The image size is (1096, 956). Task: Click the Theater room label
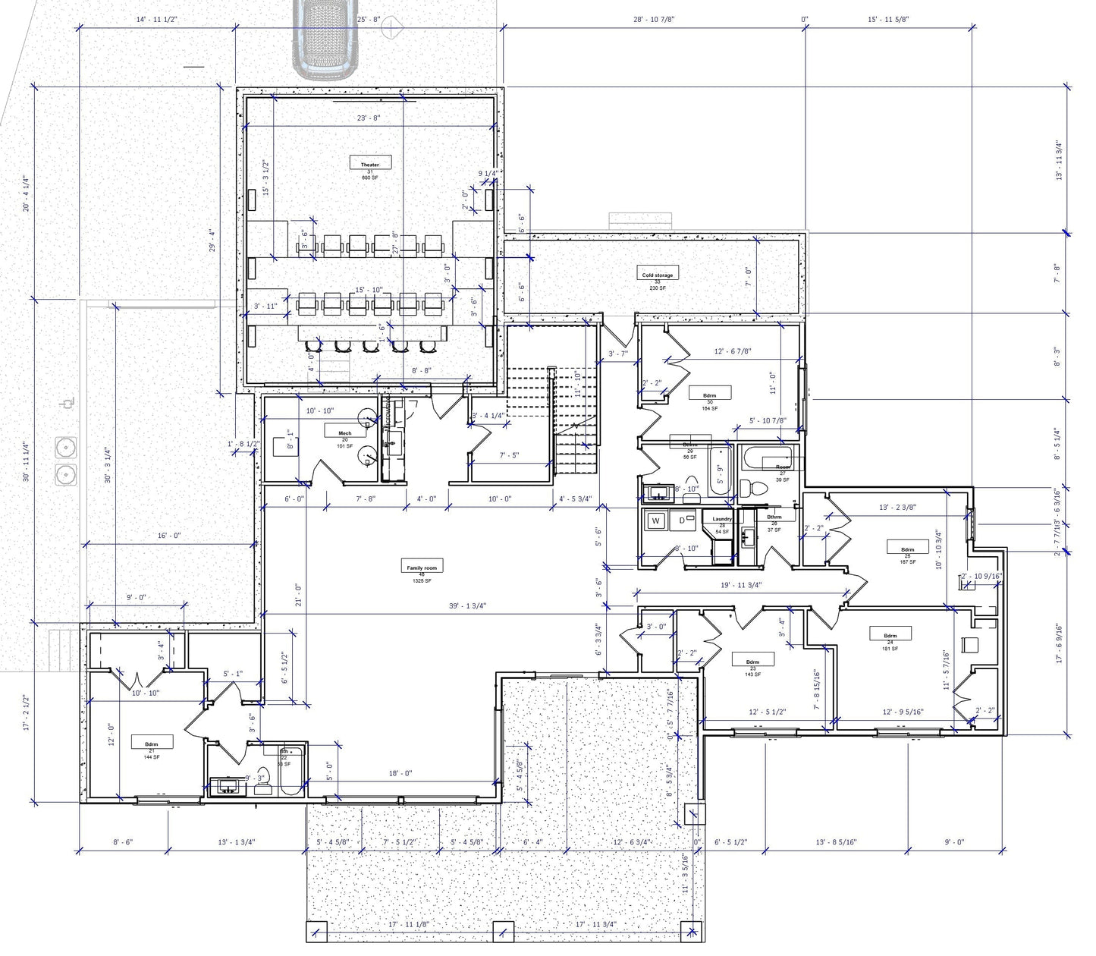point(369,164)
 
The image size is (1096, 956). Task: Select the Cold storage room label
point(657,275)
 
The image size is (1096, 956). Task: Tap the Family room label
point(422,567)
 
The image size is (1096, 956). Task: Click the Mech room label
point(344,433)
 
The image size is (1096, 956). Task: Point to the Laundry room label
point(722,520)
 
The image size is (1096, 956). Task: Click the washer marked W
point(656,521)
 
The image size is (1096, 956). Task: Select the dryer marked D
point(682,520)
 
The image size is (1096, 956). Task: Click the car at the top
point(326,38)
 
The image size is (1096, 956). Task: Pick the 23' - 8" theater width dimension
point(369,118)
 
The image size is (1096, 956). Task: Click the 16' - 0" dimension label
point(168,536)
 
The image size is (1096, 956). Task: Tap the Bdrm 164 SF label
point(709,395)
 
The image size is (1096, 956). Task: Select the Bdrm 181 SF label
point(890,635)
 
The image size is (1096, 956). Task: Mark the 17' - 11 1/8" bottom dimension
point(408,924)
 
